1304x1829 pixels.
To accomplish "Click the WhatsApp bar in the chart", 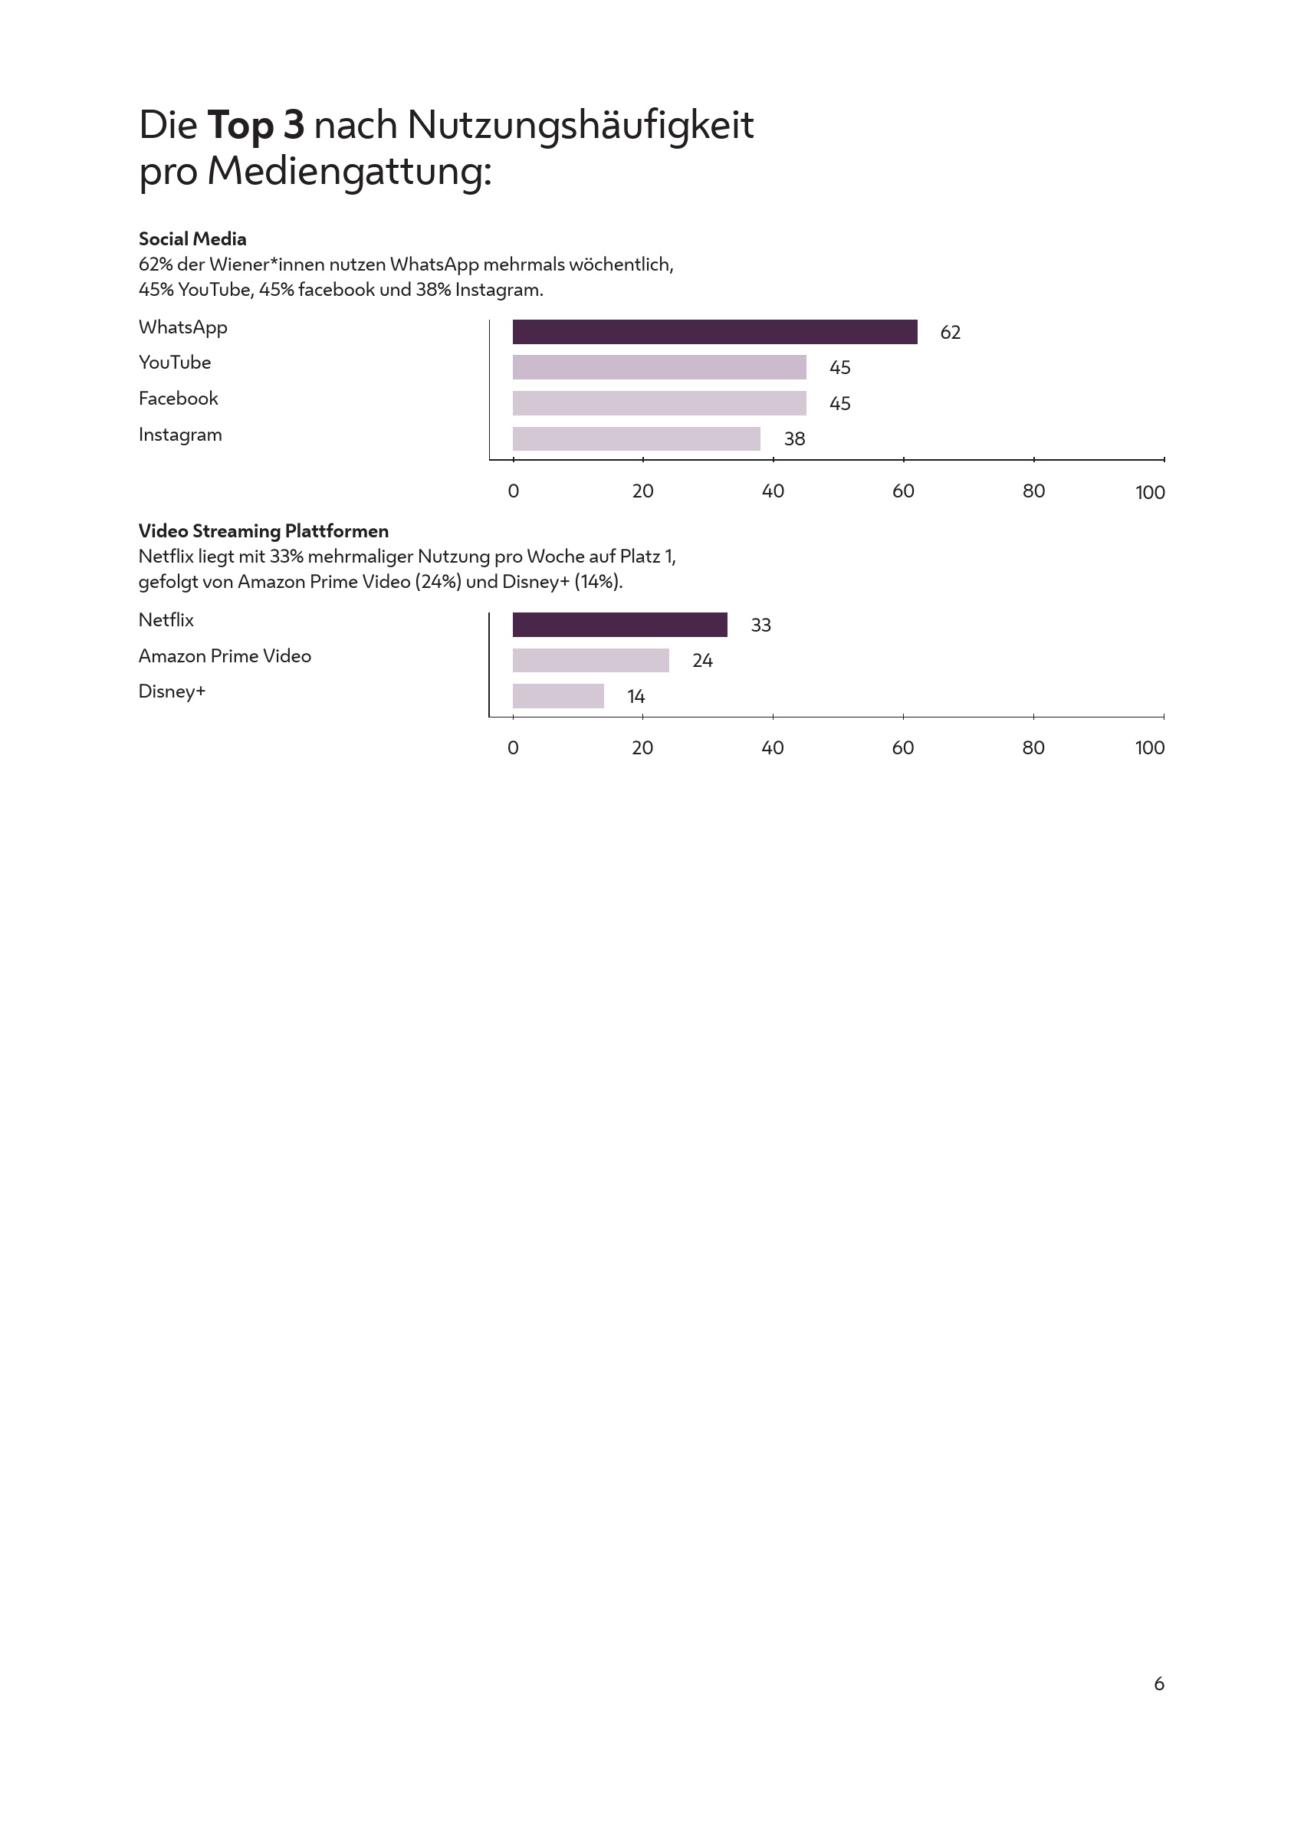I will [714, 332].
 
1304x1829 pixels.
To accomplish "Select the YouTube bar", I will [659, 367].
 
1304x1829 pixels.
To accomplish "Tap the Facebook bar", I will [659, 403].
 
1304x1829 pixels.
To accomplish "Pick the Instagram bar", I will [636, 438].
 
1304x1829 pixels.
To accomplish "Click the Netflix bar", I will [620, 625].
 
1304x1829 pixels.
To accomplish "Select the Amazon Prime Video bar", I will [590, 660].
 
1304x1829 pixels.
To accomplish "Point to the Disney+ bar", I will [558, 696].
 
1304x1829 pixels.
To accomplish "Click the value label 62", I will [950, 333].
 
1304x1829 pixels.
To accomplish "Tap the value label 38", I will [794, 439].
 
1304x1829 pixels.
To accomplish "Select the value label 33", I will [760, 626].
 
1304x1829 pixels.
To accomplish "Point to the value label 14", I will [636, 697].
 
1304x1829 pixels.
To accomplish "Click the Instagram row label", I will [180, 435].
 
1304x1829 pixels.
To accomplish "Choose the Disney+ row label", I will [172, 691].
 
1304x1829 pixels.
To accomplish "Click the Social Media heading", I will [192, 238].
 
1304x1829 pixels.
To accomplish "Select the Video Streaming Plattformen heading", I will [264, 530].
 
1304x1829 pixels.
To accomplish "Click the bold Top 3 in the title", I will [255, 125].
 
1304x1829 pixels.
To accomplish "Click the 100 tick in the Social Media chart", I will [1150, 492].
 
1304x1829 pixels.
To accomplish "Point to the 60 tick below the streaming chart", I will [902, 747].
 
